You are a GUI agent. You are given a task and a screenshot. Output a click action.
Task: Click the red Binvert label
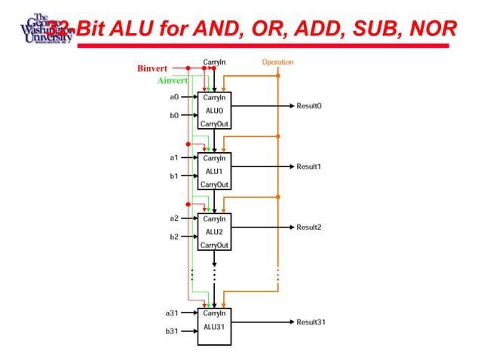tap(152, 69)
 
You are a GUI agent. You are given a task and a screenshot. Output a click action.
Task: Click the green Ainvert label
tap(173, 81)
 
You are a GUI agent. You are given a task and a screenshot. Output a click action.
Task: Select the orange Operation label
tap(277, 62)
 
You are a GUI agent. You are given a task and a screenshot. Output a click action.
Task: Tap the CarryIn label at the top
tap(214, 62)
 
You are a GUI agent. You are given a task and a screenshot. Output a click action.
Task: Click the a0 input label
tap(173, 96)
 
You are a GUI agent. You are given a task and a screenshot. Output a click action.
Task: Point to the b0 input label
tap(173, 115)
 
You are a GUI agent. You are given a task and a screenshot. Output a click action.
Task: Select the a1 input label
tap(173, 157)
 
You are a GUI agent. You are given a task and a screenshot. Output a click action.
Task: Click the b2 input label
tap(173, 236)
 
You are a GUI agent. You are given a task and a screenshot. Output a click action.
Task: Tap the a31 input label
tap(172, 312)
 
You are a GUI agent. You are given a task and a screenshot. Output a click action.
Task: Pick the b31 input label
tap(172, 331)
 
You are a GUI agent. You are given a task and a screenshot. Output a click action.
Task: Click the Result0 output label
tap(309, 106)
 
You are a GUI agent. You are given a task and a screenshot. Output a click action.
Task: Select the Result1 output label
tap(309, 166)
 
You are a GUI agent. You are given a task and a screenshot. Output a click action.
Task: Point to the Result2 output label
tap(309, 227)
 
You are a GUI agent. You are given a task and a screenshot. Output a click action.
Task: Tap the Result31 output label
tap(311, 322)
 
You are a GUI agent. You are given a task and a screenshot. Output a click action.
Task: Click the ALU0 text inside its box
tap(214, 110)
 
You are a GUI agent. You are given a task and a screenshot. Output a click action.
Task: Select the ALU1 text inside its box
tap(214, 171)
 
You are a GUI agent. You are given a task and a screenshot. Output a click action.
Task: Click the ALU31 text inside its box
tap(214, 326)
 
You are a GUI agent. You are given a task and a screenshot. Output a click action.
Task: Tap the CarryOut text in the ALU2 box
tap(214, 246)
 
